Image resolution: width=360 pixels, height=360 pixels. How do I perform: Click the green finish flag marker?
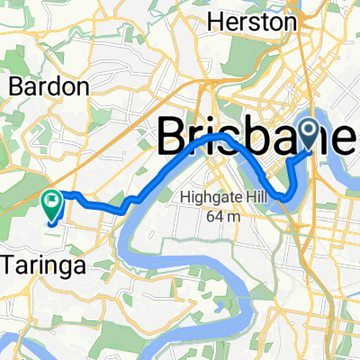52,206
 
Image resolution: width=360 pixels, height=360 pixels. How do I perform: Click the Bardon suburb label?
49,87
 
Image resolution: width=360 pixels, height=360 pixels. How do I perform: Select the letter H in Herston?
215,20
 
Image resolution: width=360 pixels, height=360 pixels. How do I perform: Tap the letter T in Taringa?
11,265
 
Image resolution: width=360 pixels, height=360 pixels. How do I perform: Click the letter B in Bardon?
15,87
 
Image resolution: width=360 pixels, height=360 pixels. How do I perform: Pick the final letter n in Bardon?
84,88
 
